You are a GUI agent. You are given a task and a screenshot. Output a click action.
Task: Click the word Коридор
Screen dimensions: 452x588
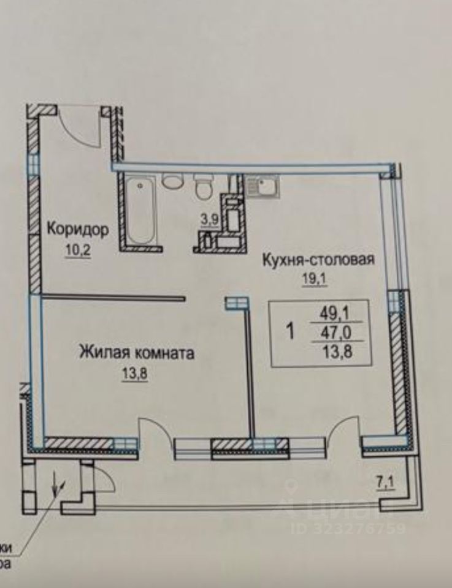click(x=78, y=230)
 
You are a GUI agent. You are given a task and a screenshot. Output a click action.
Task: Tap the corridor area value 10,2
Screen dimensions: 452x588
click(x=78, y=251)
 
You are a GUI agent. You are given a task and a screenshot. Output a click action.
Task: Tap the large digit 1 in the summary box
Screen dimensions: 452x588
click(x=291, y=333)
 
